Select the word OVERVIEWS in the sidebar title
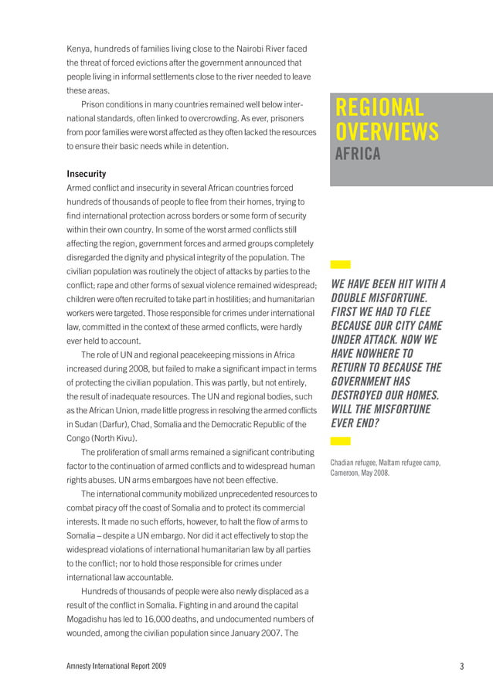[386, 131]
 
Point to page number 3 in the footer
[461, 667]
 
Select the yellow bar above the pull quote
[340, 264]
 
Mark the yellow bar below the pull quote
[340, 441]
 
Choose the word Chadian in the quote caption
[345, 463]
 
